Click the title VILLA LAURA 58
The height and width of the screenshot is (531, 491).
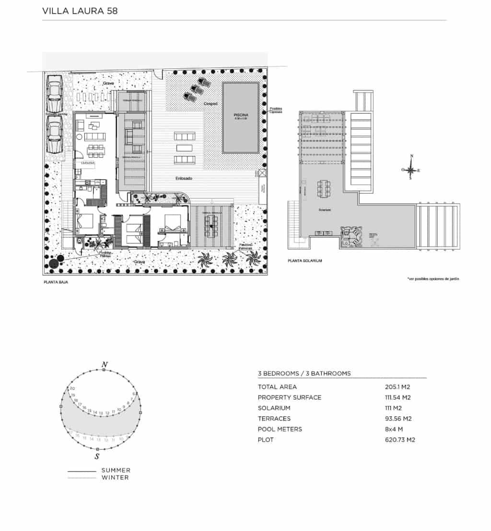80,11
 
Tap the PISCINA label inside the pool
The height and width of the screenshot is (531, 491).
240,115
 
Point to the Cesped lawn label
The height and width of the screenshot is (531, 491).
210,103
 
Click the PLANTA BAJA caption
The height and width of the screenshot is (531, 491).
56,282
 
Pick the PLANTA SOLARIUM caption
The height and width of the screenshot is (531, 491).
305,261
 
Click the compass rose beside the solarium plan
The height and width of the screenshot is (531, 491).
410,169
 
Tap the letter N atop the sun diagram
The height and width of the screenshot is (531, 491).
104,365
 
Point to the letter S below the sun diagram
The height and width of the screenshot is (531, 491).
97,456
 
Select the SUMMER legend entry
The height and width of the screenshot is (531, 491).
116,471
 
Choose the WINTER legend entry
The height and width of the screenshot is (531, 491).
115,477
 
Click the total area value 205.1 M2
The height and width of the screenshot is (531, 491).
398,387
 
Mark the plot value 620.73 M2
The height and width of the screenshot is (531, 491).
400,440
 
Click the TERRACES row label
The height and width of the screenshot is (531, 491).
274,418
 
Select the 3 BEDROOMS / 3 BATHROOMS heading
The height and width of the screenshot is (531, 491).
304,373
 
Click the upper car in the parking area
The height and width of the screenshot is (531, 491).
54,96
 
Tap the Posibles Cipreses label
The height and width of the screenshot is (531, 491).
276,110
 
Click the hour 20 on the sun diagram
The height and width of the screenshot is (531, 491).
72,388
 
